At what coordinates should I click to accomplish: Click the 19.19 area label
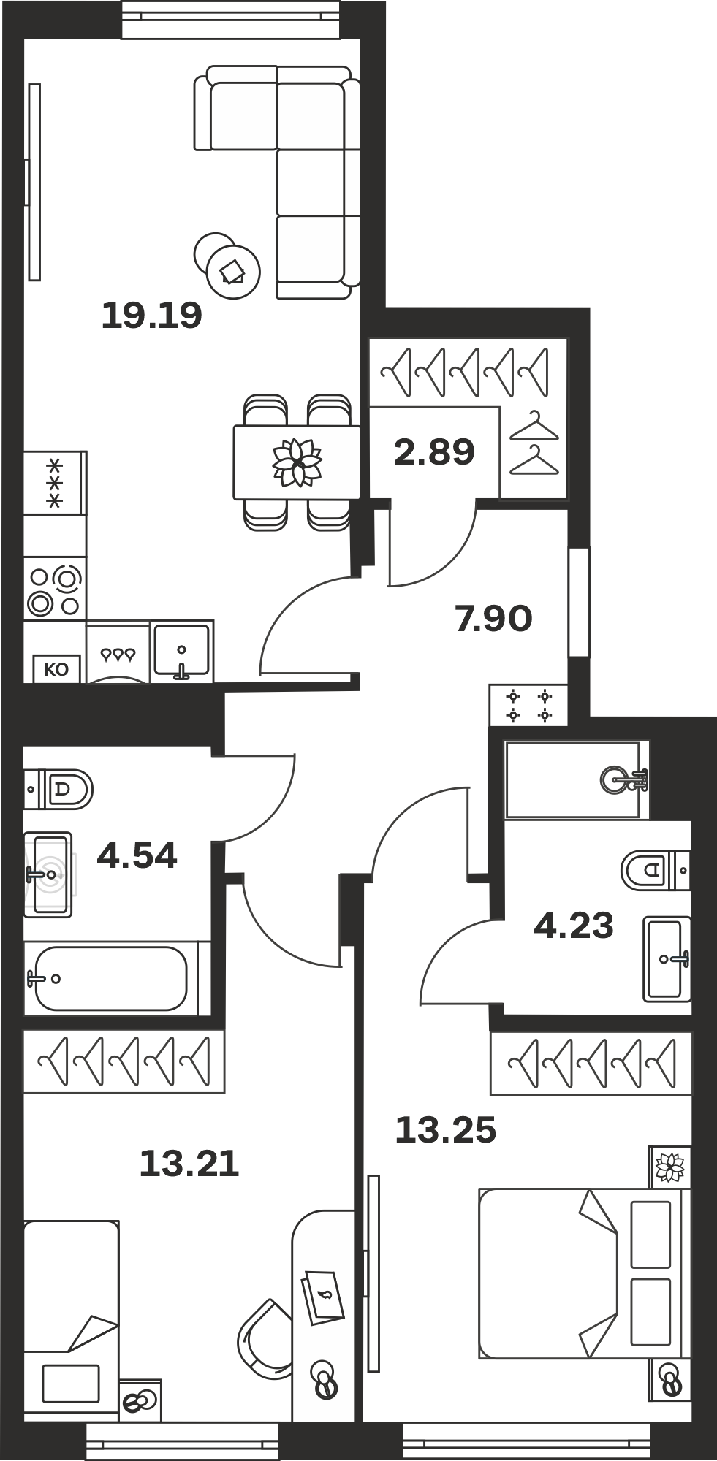(151, 316)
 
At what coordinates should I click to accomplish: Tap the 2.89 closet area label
(434, 451)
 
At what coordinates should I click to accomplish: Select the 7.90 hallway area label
(493, 619)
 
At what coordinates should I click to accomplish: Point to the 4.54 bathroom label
(137, 855)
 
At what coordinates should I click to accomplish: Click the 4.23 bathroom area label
(574, 926)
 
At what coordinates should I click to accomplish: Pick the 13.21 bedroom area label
(189, 1164)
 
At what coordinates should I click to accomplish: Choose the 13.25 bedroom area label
(446, 1130)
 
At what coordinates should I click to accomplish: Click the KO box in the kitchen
(56, 669)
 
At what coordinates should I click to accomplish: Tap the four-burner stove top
(55, 589)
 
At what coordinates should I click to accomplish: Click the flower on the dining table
(297, 462)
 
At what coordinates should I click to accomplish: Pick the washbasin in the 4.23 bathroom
(667, 959)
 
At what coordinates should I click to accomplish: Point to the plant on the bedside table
(669, 1167)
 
